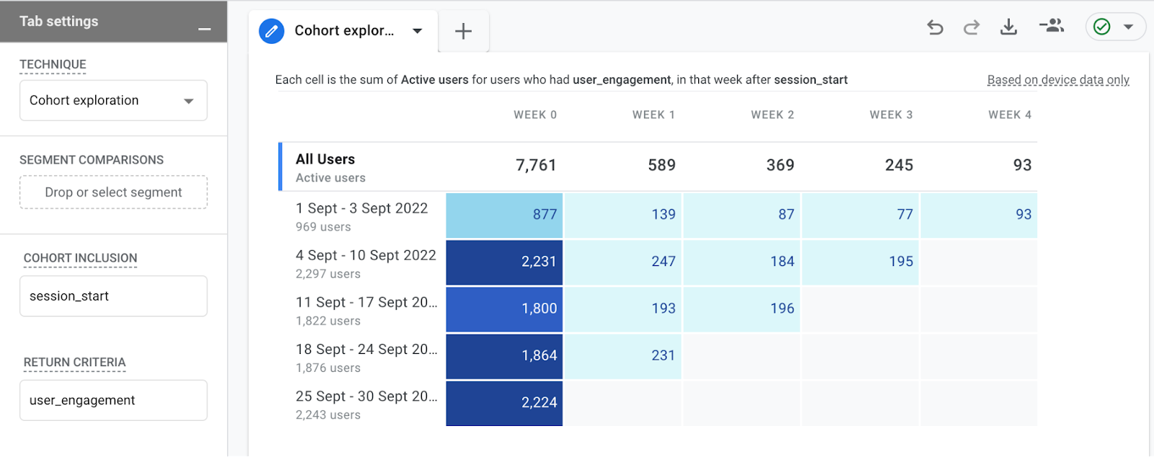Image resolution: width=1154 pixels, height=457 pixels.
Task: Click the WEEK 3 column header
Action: pos(891,115)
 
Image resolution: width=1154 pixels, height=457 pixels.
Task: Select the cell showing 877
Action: pos(504,215)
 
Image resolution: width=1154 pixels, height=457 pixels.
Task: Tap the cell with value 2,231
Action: pos(504,262)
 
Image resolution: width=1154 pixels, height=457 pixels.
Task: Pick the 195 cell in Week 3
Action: pos(860,262)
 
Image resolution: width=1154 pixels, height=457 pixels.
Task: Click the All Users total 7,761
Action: pos(536,165)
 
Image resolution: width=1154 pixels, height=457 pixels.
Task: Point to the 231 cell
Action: pos(623,355)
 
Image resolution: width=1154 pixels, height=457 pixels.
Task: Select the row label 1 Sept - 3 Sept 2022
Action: pos(361,208)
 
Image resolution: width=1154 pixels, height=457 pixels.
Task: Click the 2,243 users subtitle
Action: pos(328,415)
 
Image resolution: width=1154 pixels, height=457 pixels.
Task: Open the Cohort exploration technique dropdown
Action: pos(113,101)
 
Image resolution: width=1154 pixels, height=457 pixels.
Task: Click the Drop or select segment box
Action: pos(113,192)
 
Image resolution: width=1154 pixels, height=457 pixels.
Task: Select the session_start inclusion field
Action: pos(113,296)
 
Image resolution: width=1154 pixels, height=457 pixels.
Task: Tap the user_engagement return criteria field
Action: pos(113,401)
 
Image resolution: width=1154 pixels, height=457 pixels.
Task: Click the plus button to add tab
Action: pos(463,31)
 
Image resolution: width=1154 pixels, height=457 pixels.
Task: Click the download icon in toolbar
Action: pos(1008,27)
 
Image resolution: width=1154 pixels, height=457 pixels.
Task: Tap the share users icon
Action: pos(1052,27)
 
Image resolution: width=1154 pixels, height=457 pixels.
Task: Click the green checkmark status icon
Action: pos(1102,27)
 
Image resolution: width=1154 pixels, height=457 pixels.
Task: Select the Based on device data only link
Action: pos(1058,80)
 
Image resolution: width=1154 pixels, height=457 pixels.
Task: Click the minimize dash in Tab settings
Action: pos(205,30)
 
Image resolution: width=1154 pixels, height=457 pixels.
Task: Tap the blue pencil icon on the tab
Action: pos(271,31)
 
